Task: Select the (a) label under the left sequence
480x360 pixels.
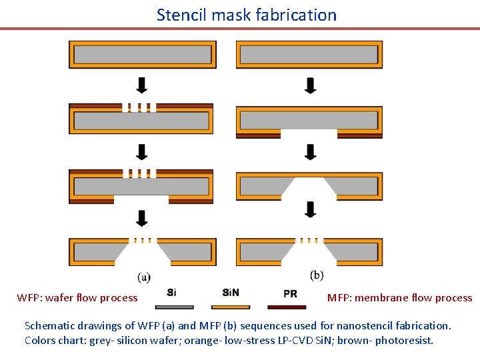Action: tap(143, 276)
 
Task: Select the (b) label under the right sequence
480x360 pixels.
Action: tap(317, 274)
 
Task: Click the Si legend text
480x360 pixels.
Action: tap(171, 292)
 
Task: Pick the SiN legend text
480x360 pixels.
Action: tap(231, 292)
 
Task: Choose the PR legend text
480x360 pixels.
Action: tap(290, 293)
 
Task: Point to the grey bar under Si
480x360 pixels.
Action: tap(175, 307)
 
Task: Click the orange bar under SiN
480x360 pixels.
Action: tap(231, 307)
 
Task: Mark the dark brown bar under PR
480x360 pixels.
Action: tap(287, 307)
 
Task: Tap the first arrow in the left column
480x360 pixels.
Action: tap(141, 85)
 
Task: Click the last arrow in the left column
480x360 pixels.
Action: tap(141, 218)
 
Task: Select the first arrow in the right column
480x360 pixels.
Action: tap(311, 85)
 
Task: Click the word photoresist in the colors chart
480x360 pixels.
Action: tap(403, 340)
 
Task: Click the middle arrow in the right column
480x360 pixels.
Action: tap(311, 151)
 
